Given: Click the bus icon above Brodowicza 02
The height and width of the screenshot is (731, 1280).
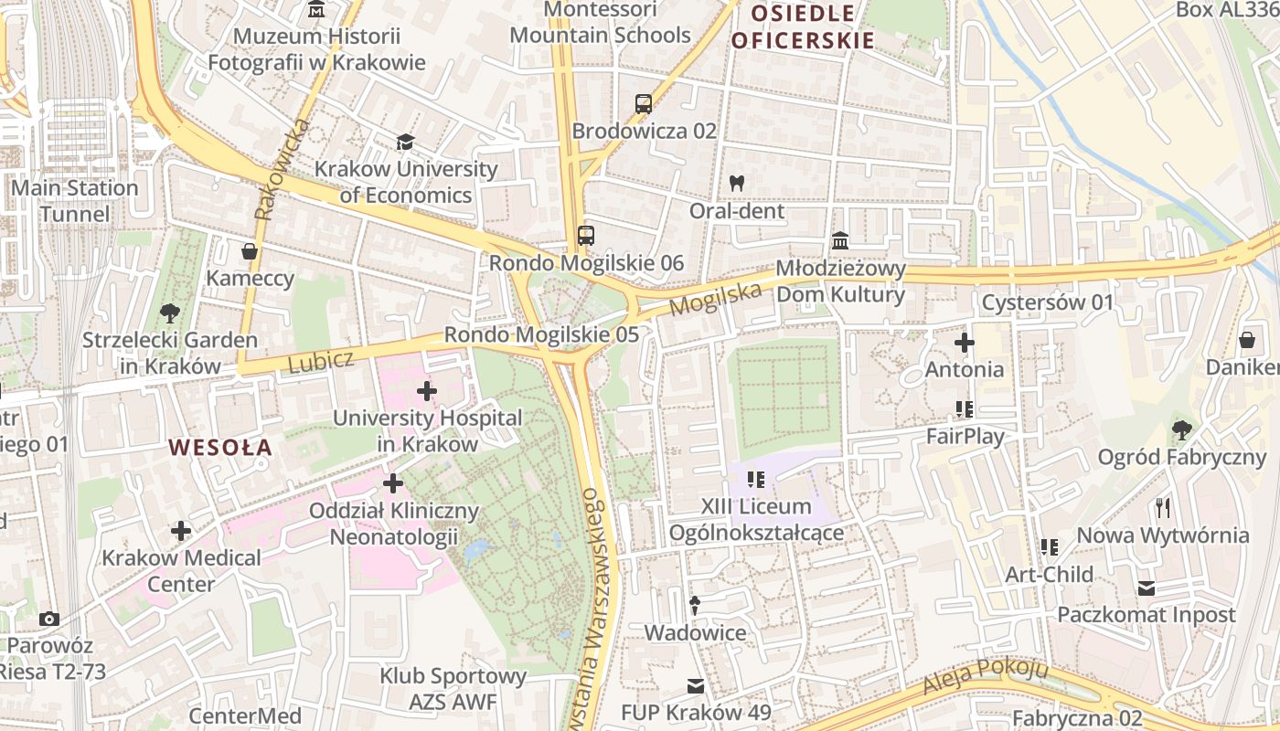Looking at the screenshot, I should [644, 104].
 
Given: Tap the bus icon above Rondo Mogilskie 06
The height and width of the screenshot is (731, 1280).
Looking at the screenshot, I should [586, 236].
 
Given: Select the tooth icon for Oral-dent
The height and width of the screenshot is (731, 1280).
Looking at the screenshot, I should [736, 184].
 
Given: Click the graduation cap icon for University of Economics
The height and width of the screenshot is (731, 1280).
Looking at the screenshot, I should [405, 143].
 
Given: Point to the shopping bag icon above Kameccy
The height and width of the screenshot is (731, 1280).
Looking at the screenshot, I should [249, 251].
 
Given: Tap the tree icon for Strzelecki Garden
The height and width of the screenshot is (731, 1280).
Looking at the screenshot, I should [169, 314].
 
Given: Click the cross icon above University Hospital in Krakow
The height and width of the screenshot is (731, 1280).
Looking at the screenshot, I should [427, 392].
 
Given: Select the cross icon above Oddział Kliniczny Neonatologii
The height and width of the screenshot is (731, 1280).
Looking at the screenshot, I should [393, 483].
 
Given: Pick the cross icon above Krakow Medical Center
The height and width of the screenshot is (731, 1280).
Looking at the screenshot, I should [181, 531].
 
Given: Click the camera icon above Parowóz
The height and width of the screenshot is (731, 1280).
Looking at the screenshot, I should [49, 620].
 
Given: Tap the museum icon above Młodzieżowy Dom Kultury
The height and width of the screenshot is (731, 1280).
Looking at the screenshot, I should [839, 241].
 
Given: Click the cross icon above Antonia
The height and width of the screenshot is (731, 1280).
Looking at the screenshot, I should [965, 344].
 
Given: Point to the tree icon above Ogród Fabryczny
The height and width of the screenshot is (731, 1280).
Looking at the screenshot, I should [1181, 429].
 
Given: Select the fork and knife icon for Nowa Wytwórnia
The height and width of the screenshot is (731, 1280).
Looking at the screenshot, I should [1163, 508].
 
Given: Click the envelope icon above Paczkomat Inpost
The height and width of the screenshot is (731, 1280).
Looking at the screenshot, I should [1147, 588].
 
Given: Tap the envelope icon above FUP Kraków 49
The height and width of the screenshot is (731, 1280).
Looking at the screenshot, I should [696, 685].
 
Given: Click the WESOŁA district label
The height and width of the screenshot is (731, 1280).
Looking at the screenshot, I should [220, 448].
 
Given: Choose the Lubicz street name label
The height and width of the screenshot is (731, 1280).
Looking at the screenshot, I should [320, 361].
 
